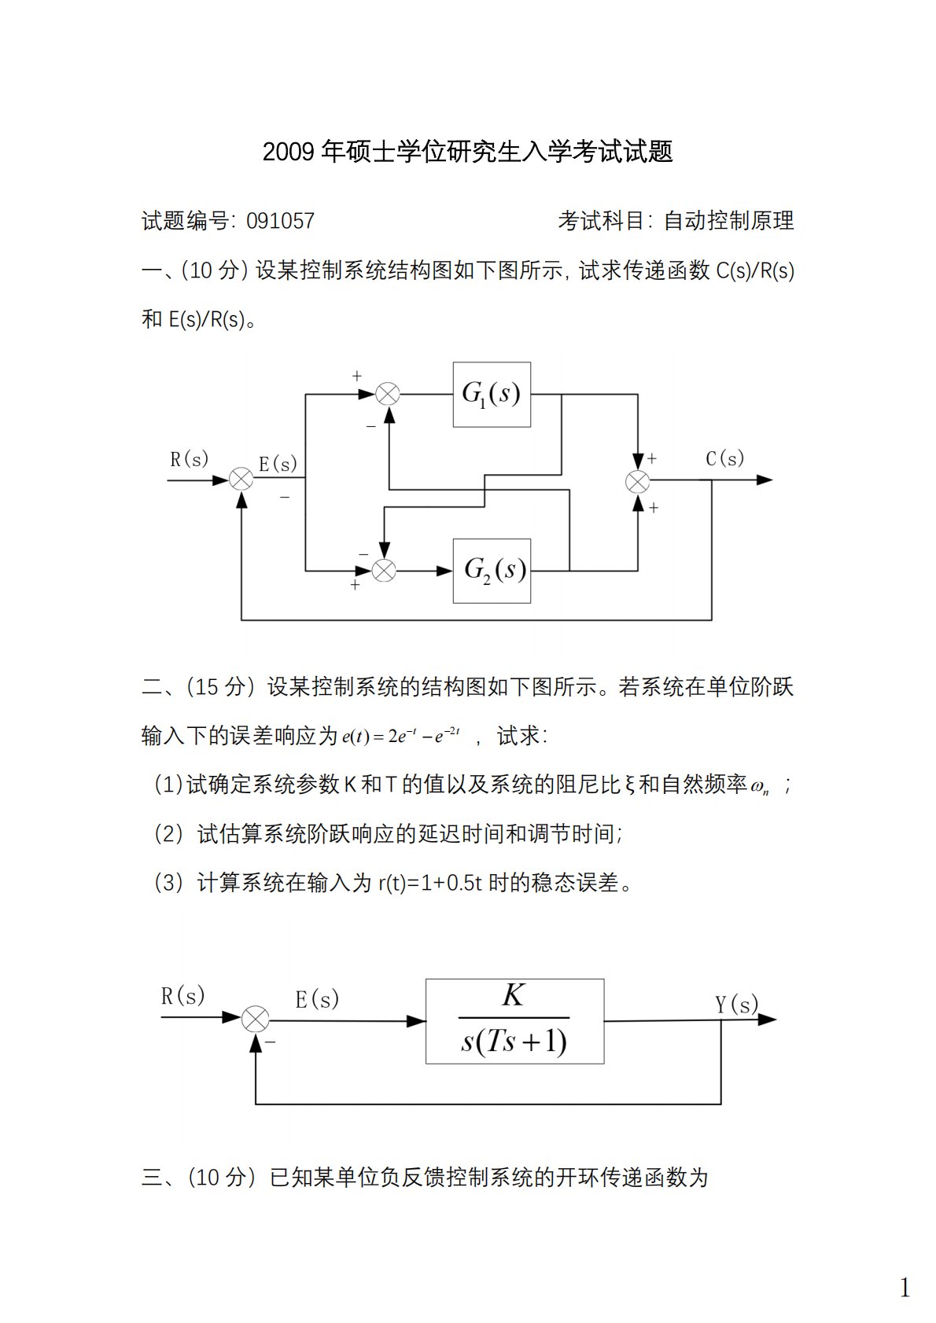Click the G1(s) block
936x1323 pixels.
492,394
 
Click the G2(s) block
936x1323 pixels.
492,571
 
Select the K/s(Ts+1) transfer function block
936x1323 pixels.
514,1021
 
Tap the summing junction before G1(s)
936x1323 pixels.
388,394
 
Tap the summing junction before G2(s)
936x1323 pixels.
384,571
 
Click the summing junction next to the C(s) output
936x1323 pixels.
637,480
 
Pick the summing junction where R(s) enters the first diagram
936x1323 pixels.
241,479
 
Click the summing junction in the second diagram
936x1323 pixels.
255,1020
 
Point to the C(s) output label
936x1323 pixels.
724,458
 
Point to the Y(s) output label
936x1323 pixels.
736,1004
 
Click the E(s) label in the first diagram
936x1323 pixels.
278,464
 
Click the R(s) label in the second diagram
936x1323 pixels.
182,997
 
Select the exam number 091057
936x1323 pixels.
280,221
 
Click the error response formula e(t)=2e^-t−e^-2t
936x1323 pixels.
401,737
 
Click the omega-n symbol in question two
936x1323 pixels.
760,786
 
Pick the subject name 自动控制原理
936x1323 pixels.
729,221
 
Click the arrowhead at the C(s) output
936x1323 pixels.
765,480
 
